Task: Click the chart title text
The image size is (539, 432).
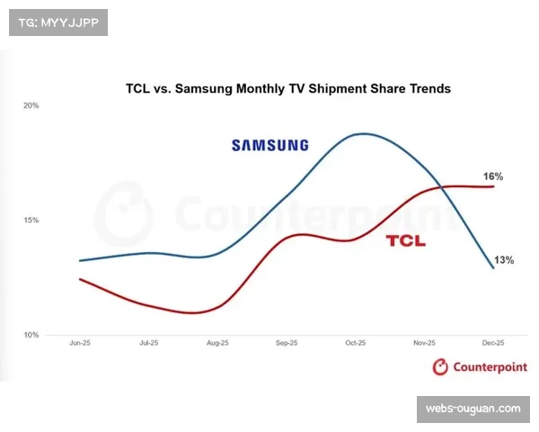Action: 287,89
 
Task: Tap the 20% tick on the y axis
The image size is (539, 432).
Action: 31,106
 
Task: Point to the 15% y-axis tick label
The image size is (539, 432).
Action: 31,220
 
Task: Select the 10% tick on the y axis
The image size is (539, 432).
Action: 31,335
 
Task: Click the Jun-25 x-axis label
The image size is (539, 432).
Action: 81,343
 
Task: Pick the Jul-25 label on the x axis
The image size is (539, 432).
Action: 149,343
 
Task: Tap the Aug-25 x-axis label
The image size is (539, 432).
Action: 218,343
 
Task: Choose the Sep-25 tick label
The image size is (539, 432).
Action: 287,343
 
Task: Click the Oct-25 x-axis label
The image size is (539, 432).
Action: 356,343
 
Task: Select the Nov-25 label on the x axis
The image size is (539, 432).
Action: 424,343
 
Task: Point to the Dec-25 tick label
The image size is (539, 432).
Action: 493,343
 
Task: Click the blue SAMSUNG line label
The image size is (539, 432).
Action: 269,145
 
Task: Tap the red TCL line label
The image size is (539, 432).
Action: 406,241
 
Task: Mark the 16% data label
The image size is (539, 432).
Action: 492,176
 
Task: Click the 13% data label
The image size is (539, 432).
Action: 503,260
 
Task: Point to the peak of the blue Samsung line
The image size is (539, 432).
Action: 363,134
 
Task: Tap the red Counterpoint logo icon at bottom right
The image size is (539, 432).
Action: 440,366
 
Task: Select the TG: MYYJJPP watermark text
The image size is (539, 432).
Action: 57,22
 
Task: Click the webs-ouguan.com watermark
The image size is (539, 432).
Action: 473,409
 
